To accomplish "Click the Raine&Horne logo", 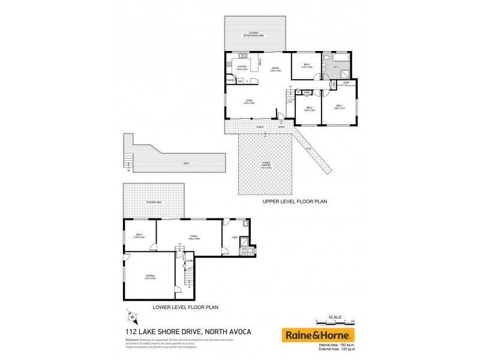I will (x=318, y=335).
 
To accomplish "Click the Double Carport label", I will (x=265, y=166).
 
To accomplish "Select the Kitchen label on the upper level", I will (x=242, y=68).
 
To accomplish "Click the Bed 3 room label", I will (x=306, y=65).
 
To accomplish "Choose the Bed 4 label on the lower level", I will (x=139, y=236).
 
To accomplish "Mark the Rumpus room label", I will (x=150, y=277).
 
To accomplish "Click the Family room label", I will (x=194, y=237).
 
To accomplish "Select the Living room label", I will (x=249, y=102).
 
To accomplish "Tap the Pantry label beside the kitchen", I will (x=230, y=81).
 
